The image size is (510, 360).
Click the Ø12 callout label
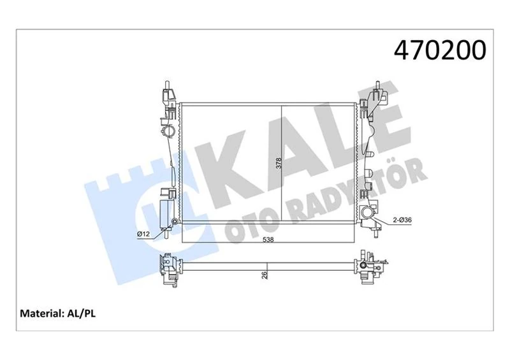point(143,233)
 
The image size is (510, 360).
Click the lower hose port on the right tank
point(367,213)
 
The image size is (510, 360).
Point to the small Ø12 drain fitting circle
point(173,222)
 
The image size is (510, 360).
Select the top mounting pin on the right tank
point(377,87)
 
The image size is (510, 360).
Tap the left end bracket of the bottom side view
point(168,270)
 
